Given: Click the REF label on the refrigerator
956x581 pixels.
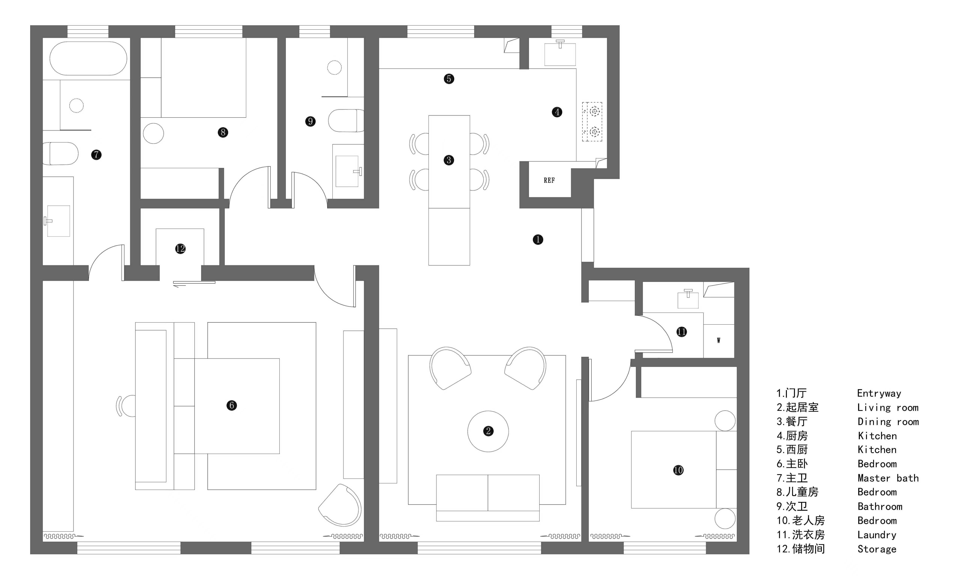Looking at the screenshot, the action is tap(549, 180).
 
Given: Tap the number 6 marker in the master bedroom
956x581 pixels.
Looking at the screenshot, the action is tap(232, 405).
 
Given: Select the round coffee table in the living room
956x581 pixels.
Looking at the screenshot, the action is tap(488, 431).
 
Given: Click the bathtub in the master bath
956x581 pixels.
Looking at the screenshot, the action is tap(88, 58).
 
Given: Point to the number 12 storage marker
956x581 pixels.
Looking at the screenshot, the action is tap(180, 249).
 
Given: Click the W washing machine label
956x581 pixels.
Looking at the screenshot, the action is tap(718, 341).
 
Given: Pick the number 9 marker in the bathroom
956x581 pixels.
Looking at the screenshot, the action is tap(310, 121).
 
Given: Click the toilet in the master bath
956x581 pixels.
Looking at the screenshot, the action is tap(60, 153).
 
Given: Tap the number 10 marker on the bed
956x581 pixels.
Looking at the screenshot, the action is tap(678, 470).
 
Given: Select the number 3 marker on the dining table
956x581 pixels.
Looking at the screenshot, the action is tap(449, 160).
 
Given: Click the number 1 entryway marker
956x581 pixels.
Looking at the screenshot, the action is tap(538, 240).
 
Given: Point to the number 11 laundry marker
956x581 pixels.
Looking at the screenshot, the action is tap(682, 332).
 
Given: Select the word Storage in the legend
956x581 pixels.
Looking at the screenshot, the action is tap(877, 549).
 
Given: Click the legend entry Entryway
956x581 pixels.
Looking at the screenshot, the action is tap(879, 393).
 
